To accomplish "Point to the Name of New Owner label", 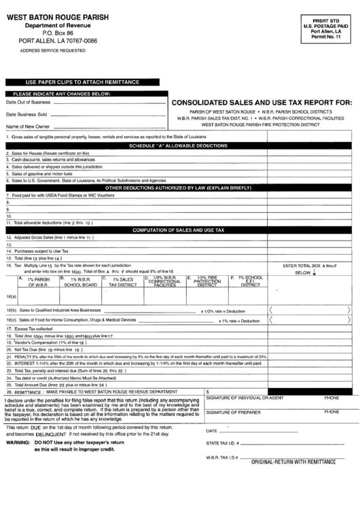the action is pyautogui.click(x=28, y=126).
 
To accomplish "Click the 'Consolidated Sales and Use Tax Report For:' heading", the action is pyautogui.click(x=262, y=103).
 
